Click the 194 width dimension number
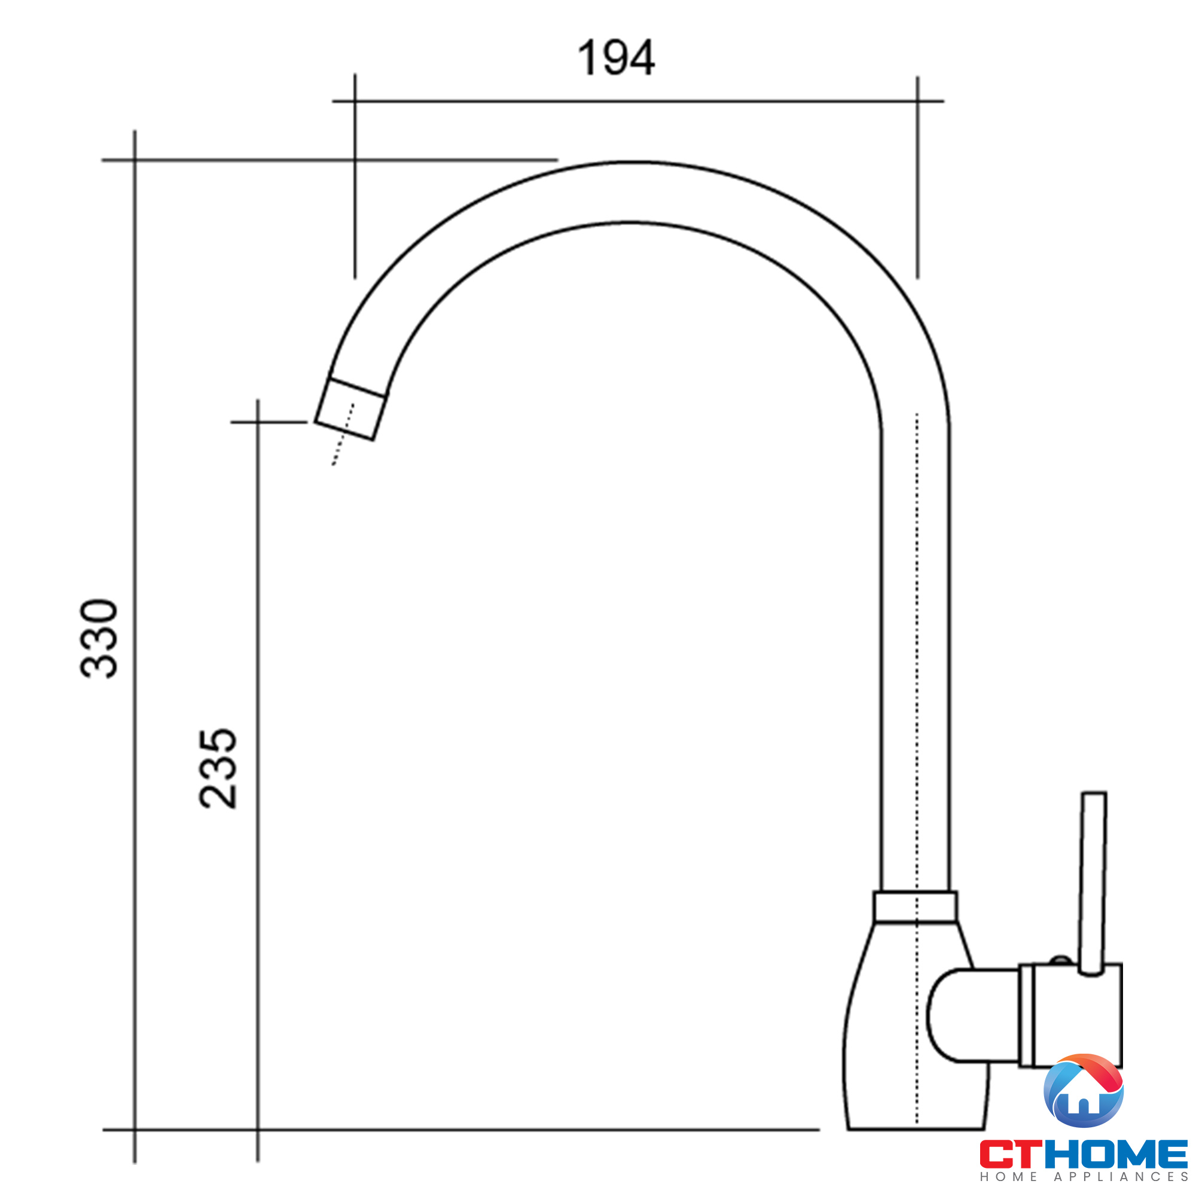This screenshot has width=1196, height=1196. coord(616,57)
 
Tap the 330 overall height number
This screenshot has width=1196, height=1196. coord(99,638)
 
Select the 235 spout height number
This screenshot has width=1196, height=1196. coord(218,768)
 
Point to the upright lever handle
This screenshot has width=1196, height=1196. coord(1093,884)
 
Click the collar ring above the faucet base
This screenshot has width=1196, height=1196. coord(916,907)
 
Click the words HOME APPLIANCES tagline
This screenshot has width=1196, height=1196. coord(1084,1177)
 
